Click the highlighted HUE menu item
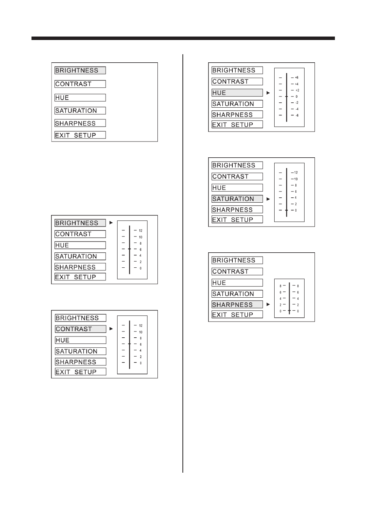click(x=237, y=93)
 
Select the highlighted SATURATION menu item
click(x=237, y=199)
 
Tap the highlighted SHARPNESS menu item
click(x=237, y=304)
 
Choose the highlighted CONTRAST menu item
click(x=80, y=329)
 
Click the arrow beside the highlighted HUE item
click(x=268, y=93)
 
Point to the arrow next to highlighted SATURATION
click(x=268, y=199)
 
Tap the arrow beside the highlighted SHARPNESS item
click(x=268, y=304)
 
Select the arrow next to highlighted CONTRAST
click(x=111, y=329)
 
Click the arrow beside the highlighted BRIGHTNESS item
click(x=111, y=223)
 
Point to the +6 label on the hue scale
click(x=296, y=78)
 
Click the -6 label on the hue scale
click(x=297, y=115)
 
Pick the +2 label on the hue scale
click(x=297, y=90)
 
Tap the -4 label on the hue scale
click(x=297, y=109)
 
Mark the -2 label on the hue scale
click(x=297, y=103)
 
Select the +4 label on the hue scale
click(x=296, y=84)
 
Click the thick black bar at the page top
click(x=183, y=38)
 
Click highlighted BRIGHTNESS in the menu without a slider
click(x=80, y=70)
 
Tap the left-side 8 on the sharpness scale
click(x=280, y=286)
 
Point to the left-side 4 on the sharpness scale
click(x=280, y=299)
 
